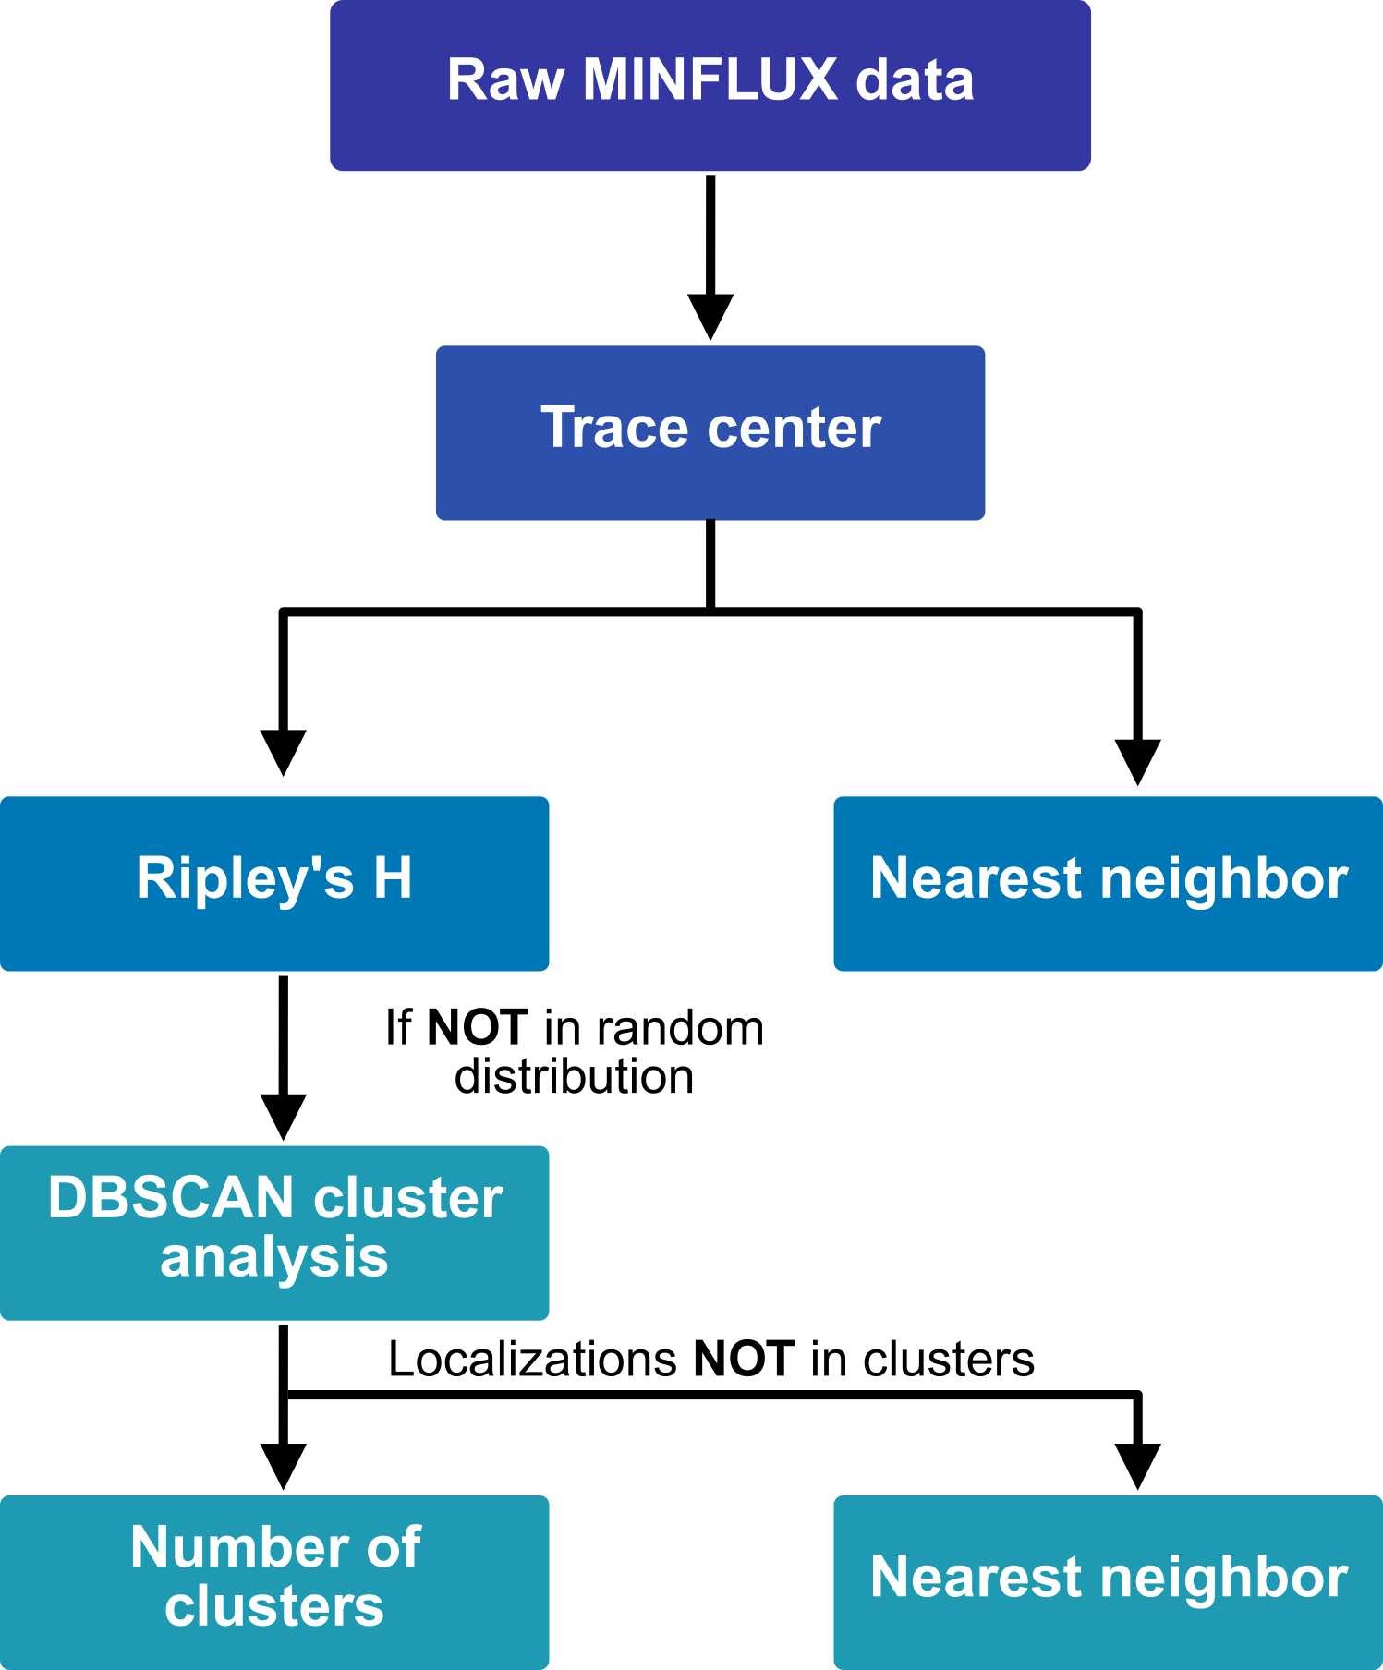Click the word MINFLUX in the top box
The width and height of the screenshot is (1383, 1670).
coord(710,79)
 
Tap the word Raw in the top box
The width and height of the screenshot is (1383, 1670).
coord(504,79)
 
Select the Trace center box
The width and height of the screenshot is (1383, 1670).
coord(710,432)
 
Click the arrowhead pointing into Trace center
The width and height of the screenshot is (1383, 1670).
coord(710,317)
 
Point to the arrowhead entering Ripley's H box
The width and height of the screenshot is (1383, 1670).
coord(283,753)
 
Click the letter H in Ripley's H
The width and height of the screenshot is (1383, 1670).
coord(393,877)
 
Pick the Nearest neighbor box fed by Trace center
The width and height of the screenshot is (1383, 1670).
coord(1108,883)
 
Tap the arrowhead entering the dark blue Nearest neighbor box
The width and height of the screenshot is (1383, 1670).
coord(1137,762)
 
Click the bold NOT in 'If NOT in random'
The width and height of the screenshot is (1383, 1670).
coord(478,1028)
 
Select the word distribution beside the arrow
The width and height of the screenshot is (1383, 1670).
coord(574,1077)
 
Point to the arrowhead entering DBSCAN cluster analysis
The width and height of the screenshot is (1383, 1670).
coord(283,1117)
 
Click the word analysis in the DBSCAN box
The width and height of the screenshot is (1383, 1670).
coord(274,1258)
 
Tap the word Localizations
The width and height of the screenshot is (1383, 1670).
coord(533,1360)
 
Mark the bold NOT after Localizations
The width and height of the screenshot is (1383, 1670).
coord(744,1360)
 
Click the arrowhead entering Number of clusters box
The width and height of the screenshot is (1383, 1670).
coord(283,1466)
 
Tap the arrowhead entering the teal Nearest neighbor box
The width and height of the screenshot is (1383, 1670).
coord(1137,1466)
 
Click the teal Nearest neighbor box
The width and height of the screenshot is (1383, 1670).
coord(1108,1581)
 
